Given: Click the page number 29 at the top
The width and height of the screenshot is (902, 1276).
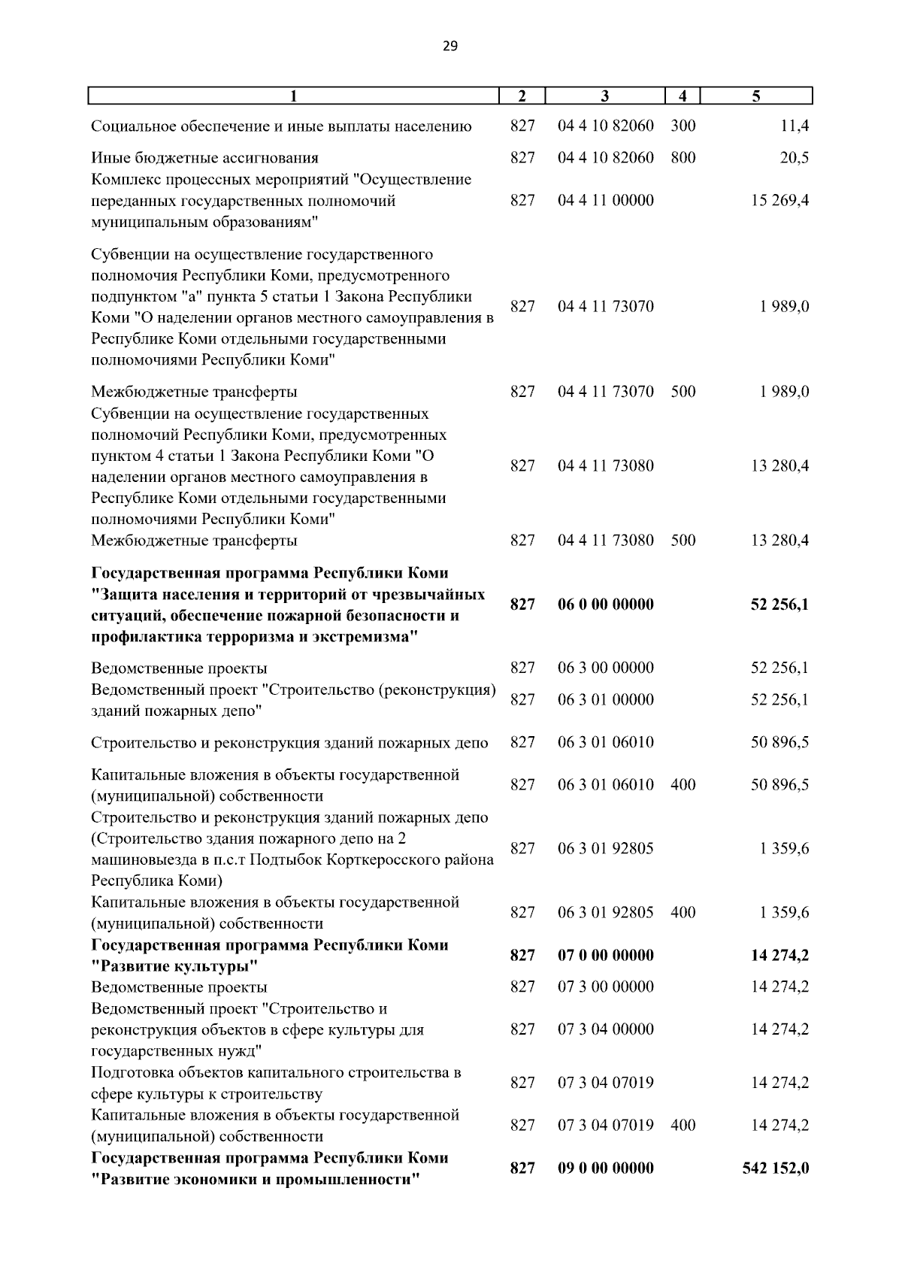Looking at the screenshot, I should [x=449, y=47].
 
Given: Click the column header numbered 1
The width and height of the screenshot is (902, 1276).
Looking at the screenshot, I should [x=294, y=96].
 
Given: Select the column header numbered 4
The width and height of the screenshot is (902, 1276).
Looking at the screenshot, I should [x=682, y=96].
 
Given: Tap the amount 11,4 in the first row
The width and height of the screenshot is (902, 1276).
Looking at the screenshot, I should [x=794, y=126].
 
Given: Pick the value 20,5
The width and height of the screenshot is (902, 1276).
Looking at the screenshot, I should [x=794, y=158].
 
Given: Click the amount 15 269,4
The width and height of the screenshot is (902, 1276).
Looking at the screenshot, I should [x=779, y=201].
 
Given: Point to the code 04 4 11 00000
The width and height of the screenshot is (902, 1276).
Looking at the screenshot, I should [x=605, y=201].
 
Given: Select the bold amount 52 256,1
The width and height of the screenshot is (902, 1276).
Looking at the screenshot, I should [x=779, y=605].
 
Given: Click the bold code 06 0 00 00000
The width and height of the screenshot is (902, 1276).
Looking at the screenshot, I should [x=605, y=605].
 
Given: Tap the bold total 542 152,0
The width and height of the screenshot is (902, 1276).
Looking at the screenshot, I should [x=775, y=1168].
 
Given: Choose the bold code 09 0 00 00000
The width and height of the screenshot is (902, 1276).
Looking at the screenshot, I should [x=605, y=1168].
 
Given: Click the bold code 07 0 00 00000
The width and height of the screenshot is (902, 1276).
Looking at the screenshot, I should [x=605, y=955].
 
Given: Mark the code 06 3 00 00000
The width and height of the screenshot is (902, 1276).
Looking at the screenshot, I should [x=605, y=668].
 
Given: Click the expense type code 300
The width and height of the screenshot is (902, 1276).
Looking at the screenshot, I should [x=683, y=126].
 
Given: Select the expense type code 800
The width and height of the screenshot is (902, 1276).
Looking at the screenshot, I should [x=683, y=158].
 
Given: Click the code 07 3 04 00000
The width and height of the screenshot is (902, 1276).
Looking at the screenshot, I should [x=605, y=1029].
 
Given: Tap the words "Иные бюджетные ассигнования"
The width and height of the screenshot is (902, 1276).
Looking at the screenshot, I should [x=204, y=158].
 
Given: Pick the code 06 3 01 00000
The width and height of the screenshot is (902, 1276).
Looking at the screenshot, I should [x=605, y=700].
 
